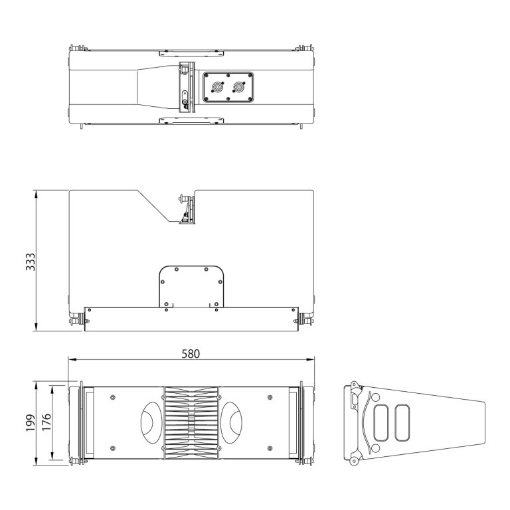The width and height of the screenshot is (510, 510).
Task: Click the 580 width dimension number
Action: [191, 353]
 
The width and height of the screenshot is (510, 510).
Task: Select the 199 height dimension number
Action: [30, 422]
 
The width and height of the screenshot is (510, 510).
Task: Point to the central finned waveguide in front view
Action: [191, 422]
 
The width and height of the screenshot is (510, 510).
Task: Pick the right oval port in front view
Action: [230, 422]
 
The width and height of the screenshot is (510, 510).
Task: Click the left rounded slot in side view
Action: [382, 422]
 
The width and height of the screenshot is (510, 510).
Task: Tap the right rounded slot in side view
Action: [403, 422]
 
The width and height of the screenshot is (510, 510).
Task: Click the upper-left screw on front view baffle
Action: [113, 397]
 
